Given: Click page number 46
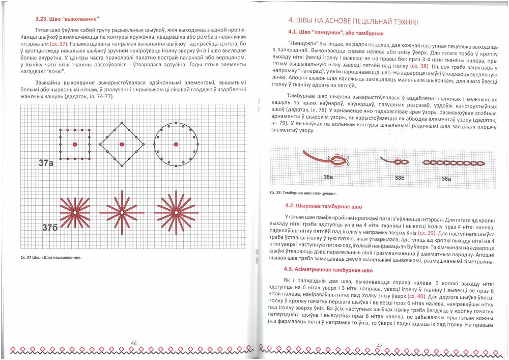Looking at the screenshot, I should pos(134,343).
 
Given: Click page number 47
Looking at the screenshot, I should pos(379,346).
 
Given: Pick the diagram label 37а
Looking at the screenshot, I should pos(46,163).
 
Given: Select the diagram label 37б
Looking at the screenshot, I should pos(49,228).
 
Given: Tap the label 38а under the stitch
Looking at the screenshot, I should pos(328,177).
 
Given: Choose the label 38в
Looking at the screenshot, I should pos(446,178).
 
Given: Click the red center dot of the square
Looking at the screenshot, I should pos(75,145).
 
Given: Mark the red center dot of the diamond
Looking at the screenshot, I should pos(122,145).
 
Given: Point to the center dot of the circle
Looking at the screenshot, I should pos(175,145).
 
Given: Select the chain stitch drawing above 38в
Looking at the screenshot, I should pos(446,162).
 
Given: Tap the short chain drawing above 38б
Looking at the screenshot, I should pos(395,161).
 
